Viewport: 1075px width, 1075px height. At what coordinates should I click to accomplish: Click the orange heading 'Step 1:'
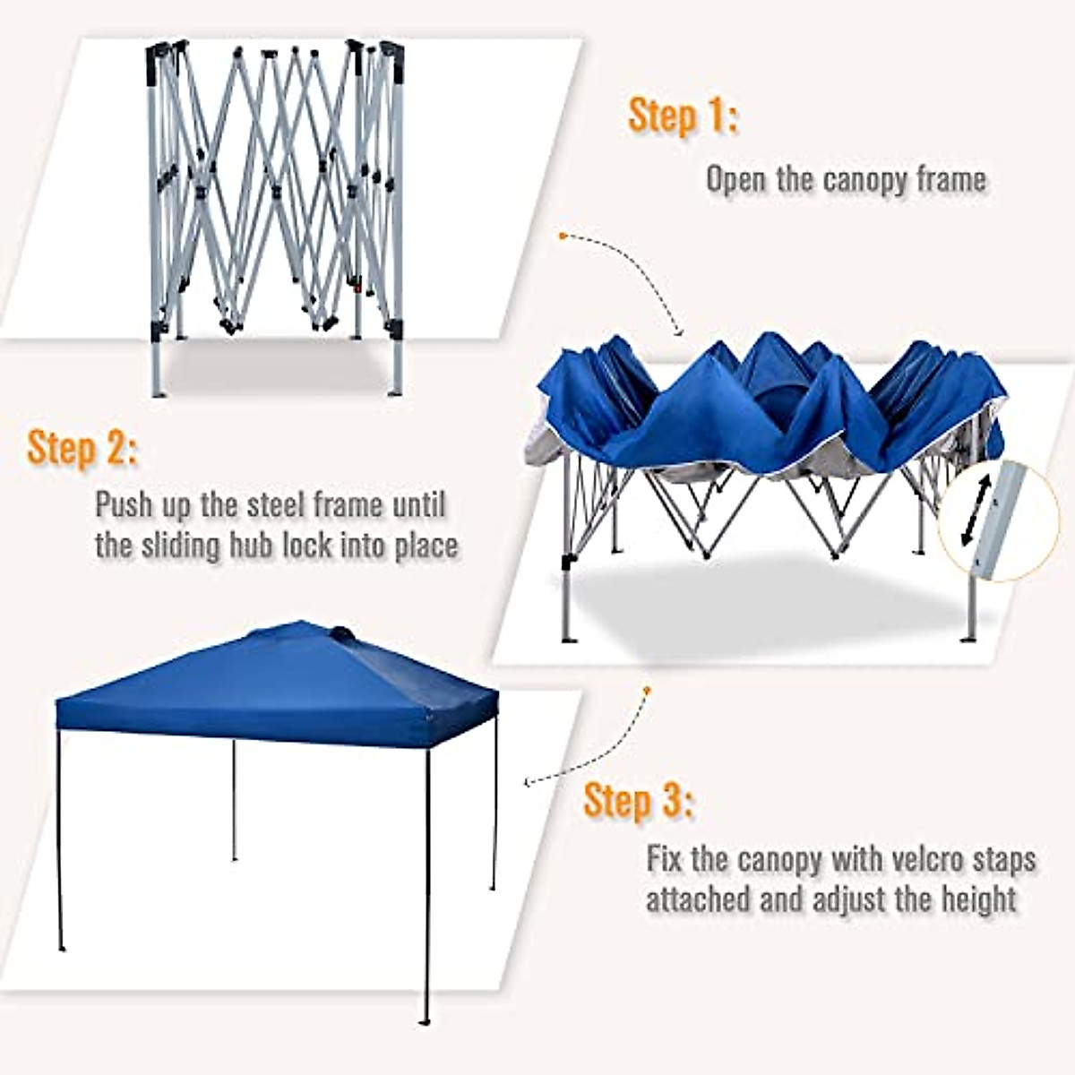[683, 116]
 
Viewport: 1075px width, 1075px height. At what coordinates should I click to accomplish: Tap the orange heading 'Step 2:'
[82, 448]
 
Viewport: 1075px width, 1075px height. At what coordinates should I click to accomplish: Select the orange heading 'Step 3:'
[638, 800]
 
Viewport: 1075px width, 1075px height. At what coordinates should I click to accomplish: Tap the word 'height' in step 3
[975, 899]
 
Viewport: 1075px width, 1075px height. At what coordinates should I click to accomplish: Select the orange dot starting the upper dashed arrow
[562, 236]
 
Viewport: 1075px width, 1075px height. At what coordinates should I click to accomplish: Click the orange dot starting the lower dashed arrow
[646, 690]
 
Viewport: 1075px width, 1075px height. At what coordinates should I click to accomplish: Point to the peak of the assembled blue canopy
[340, 632]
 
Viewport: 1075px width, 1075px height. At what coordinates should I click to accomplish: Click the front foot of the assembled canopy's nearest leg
[425, 1021]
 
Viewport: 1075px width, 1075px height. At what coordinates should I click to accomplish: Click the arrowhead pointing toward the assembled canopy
[529, 783]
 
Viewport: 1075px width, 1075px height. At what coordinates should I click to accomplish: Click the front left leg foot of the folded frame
[158, 391]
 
